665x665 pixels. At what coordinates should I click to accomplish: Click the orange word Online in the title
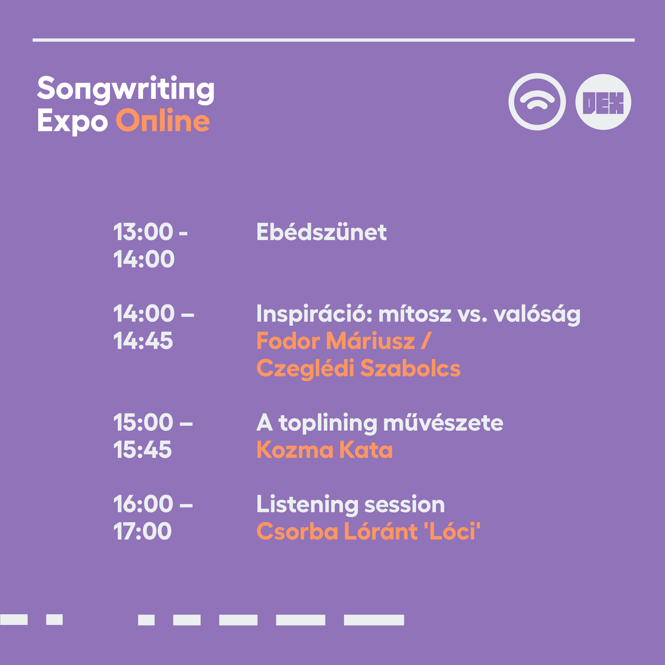(163, 120)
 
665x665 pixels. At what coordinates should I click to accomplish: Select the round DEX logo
(603, 102)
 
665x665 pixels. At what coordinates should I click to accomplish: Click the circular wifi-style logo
(537, 102)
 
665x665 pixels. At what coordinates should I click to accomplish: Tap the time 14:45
(143, 341)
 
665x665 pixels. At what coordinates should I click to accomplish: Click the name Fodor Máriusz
(336, 341)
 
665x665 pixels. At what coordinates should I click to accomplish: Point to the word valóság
(537, 315)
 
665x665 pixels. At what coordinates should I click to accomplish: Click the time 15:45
(142, 450)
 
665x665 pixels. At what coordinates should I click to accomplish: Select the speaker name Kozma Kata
(325, 450)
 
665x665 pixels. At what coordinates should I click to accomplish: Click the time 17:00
(142, 531)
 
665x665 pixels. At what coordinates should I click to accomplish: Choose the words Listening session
(351, 504)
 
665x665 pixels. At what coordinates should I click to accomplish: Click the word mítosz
(415, 314)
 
